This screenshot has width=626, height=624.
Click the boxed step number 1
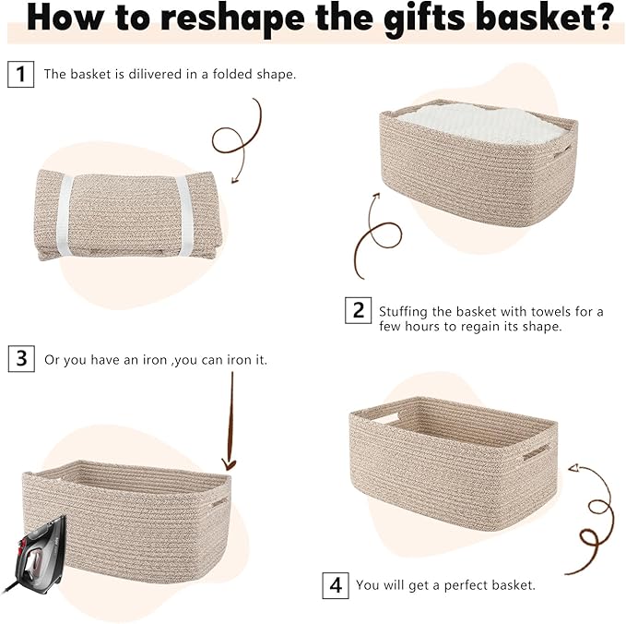(x=20, y=74)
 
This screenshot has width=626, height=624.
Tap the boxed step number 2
(x=359, y=310)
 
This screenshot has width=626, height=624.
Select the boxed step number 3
(x=20, y=358)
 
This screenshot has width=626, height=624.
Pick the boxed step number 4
(x=336, y=584)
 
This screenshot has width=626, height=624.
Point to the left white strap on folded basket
(x=65, y=217)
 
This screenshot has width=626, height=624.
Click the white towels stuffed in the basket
(x=479, y=126)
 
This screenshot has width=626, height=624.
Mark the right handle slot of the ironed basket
(x=219, y=504)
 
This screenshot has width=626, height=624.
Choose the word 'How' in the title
(x=60, y=18)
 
